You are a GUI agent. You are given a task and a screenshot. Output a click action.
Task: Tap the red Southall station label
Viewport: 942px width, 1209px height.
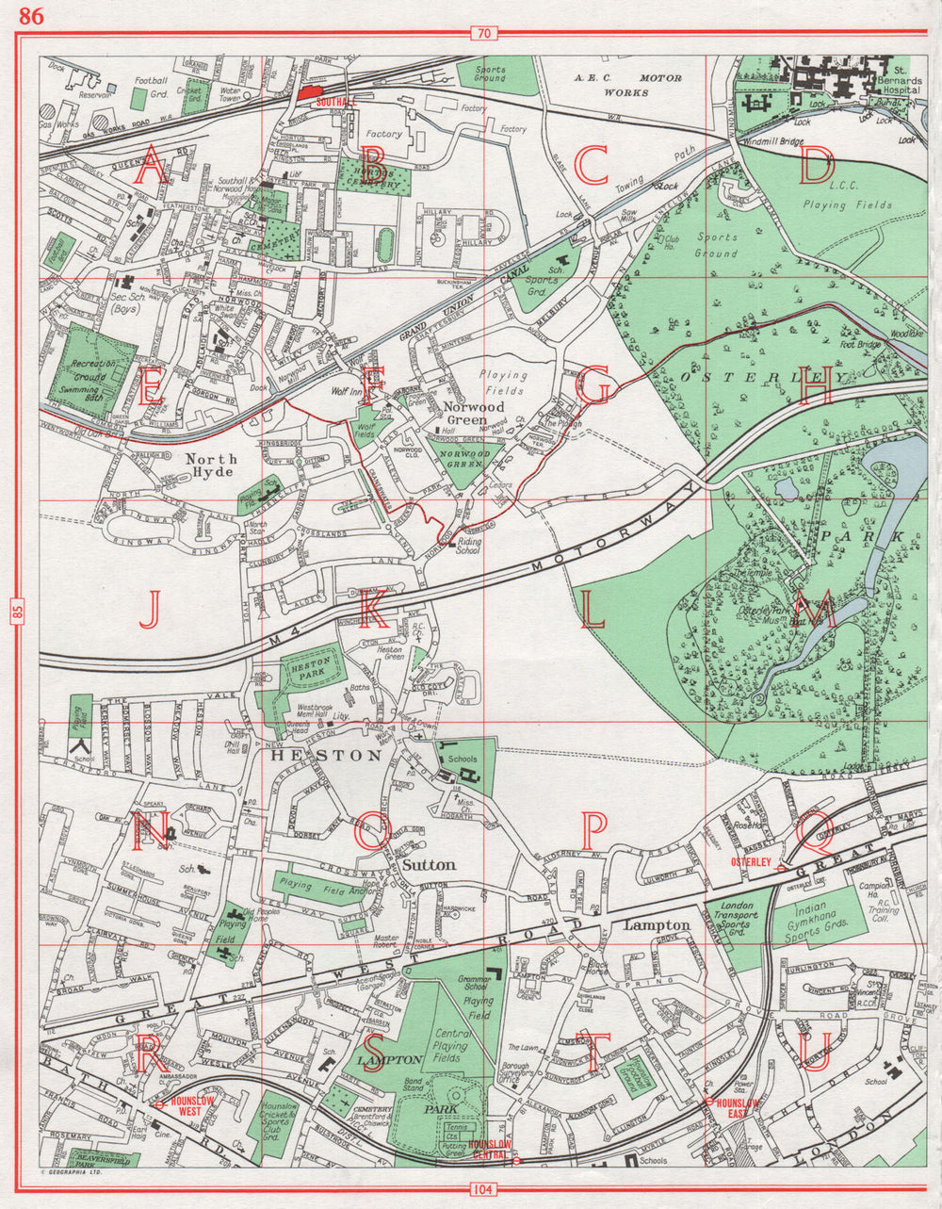tap(334, 100)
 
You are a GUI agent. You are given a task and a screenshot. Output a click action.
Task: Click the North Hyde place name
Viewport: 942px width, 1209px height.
tap(210, 465)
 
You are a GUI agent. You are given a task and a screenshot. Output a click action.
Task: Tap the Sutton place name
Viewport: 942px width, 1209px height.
tap(428, 864)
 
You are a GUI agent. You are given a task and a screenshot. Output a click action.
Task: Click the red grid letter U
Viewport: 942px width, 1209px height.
tap(816, 1053)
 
